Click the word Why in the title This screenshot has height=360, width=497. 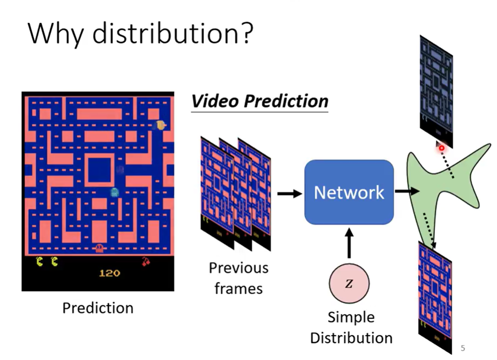coord(57,34)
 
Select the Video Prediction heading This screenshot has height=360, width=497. coord(259,101)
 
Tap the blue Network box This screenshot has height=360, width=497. coord(349,192)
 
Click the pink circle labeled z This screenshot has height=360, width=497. coord(349,284)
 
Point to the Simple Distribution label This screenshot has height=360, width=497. coord(351,327)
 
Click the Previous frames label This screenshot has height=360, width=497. coord(239,278)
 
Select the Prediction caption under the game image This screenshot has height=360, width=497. coord(98,308)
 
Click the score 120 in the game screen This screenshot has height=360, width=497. coord(109,273)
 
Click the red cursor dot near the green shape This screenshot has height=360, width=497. coord(441,148)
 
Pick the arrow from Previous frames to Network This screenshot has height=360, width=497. coord(289,193)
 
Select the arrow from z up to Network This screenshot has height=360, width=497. coord(349,244)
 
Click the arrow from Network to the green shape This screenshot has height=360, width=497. coord(407,191)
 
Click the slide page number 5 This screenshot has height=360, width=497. coord(463,348)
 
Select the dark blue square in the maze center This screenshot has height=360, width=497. coord(100,170)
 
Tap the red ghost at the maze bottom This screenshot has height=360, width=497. coord(99,248)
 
